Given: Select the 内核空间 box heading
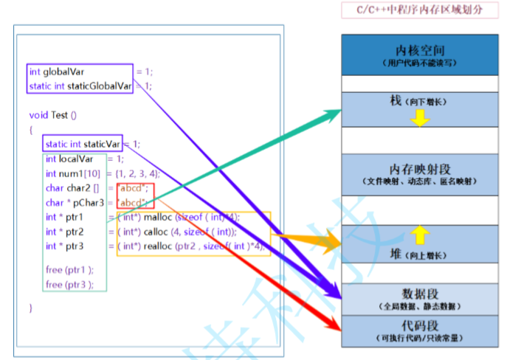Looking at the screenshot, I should point(420,51).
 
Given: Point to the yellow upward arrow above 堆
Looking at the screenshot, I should point(419,235).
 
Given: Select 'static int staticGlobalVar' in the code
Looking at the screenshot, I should point(80,86).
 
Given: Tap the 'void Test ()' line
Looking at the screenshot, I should point(53,114).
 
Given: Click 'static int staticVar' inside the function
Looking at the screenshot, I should point(82,143).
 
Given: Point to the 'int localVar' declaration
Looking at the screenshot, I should point(69,158).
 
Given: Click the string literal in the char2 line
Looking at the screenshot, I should point(134,187).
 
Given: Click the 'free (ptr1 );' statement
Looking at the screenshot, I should point(63,270).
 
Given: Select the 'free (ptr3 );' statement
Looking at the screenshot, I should point(63,284).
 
